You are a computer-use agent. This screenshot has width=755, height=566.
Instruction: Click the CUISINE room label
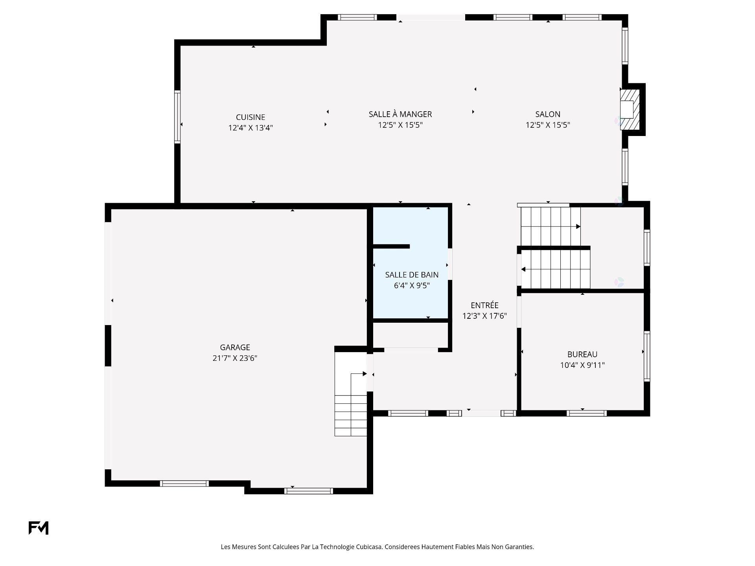pyautogui.click(x=250, y=117)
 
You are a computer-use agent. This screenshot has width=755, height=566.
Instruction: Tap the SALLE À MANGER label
pyautogui.click(x=400, y=114)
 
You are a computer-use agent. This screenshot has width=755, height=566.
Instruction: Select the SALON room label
pyautogui.click(x=548, y=114)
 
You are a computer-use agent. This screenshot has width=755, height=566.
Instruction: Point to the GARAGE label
pyautogui.click(x=235, y=347)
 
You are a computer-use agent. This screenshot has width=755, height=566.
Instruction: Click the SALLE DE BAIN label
pyautogui.click(x=412, y=275)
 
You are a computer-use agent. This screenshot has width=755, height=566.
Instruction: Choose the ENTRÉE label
pyautogui.click(x=484, y=305)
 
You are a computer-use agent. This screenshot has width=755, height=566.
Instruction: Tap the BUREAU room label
pyautogui.click(x=582, y=354)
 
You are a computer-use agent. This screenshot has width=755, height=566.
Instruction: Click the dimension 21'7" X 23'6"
pyautogui.click(x=235, y=358)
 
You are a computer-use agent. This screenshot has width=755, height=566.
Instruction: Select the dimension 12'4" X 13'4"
pyautogui.click(x=250, y=128)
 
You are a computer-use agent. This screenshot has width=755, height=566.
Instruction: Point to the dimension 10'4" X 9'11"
pyautogui.click(x=582, y=365)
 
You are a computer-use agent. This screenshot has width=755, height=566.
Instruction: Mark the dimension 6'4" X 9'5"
pyautogui.click(x=412, y=285)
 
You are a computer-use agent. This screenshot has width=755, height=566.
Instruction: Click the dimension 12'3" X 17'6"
pyautogui.click(x=484, y=316)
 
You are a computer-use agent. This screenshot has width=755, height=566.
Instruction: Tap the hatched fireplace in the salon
pyautogui.click(x=630, y=110)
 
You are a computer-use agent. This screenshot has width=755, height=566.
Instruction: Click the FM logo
pyautogui.click(x=39, y=528)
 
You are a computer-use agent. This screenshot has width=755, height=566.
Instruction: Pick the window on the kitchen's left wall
pyautogui.click(x=177, y=117)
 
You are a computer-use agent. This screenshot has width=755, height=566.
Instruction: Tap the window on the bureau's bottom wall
pyautogui.click(x=587, y=413)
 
